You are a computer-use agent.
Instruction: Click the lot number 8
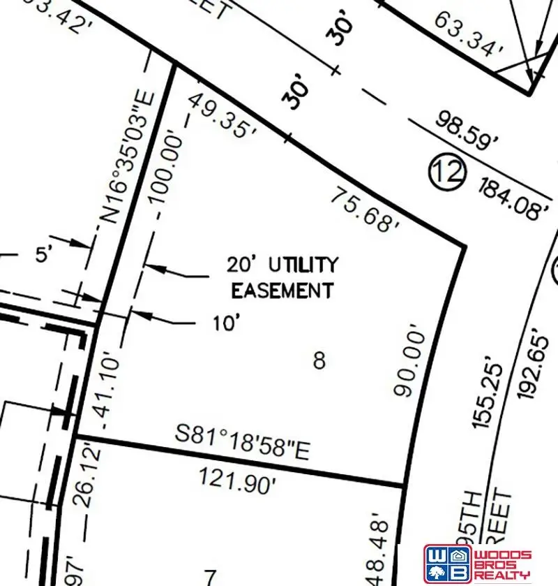[x=319, y=361]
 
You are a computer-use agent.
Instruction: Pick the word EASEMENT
[x=282, y=290]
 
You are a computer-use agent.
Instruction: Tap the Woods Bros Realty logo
[x=477, y=562]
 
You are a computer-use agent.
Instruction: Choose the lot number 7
[x=210, y=576]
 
